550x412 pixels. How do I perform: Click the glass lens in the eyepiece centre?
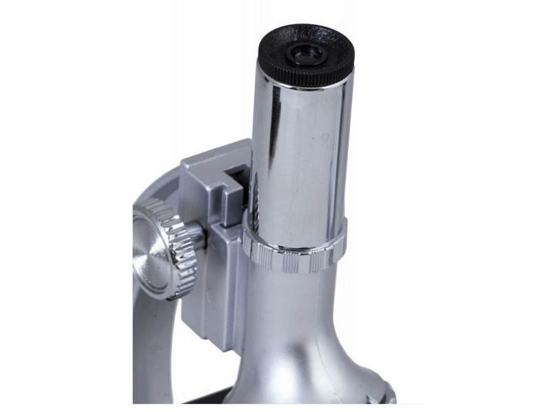coord(304,51)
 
